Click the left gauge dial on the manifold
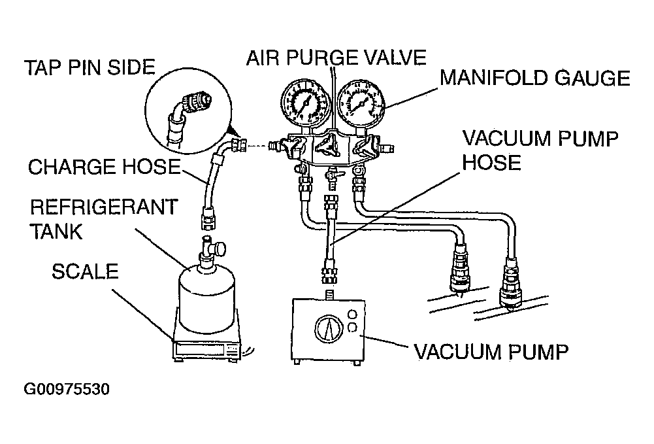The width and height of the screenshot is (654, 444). coord(306,103)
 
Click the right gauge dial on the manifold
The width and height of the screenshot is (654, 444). coord(361,103)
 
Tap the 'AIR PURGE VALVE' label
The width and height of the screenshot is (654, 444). coord(336,58)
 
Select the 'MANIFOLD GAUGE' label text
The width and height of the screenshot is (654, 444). coord(535,78)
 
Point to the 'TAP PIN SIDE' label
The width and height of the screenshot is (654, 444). coord(90,67)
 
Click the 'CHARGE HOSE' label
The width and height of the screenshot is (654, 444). coord(105,167)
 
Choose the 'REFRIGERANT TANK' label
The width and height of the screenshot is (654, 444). coord(104,220)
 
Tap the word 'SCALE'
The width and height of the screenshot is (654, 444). coord(85,271)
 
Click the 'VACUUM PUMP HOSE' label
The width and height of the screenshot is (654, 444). coord(540,150)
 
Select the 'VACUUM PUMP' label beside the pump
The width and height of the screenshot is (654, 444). coord(491,352)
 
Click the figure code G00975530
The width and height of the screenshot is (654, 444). coord(67,389)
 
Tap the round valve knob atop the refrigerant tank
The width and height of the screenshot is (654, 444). coord(219,249)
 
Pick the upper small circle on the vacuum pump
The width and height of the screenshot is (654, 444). coord(352,315)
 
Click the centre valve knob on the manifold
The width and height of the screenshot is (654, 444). coord(328,144)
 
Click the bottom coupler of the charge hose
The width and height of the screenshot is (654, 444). coord(207,216)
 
